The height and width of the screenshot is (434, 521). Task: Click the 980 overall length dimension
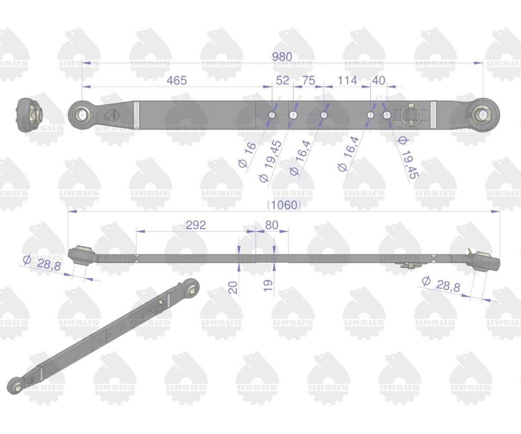coord(282,57)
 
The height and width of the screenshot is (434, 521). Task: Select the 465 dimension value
coord(177,81)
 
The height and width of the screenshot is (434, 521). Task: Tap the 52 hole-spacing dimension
coord(283,81)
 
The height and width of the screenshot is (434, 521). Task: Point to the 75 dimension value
coord(308,81)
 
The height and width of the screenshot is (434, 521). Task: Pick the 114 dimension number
coord(347,81)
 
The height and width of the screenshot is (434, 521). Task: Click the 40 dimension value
coord(379,81)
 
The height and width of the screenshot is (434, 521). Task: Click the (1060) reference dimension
coord(284,205)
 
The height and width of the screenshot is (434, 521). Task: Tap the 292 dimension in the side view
coord(196,225)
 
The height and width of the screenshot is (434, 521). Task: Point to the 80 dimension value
coord(271,225)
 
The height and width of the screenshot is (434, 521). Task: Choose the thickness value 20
coord(234,287)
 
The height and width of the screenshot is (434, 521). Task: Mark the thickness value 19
coord(268,285)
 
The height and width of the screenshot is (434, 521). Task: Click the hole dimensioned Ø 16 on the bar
coord(272,115)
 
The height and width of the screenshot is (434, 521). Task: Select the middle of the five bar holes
coord(323,115)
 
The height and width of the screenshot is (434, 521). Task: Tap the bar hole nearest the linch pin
coord(386,115)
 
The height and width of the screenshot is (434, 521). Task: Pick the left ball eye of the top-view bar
coord(81,115)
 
